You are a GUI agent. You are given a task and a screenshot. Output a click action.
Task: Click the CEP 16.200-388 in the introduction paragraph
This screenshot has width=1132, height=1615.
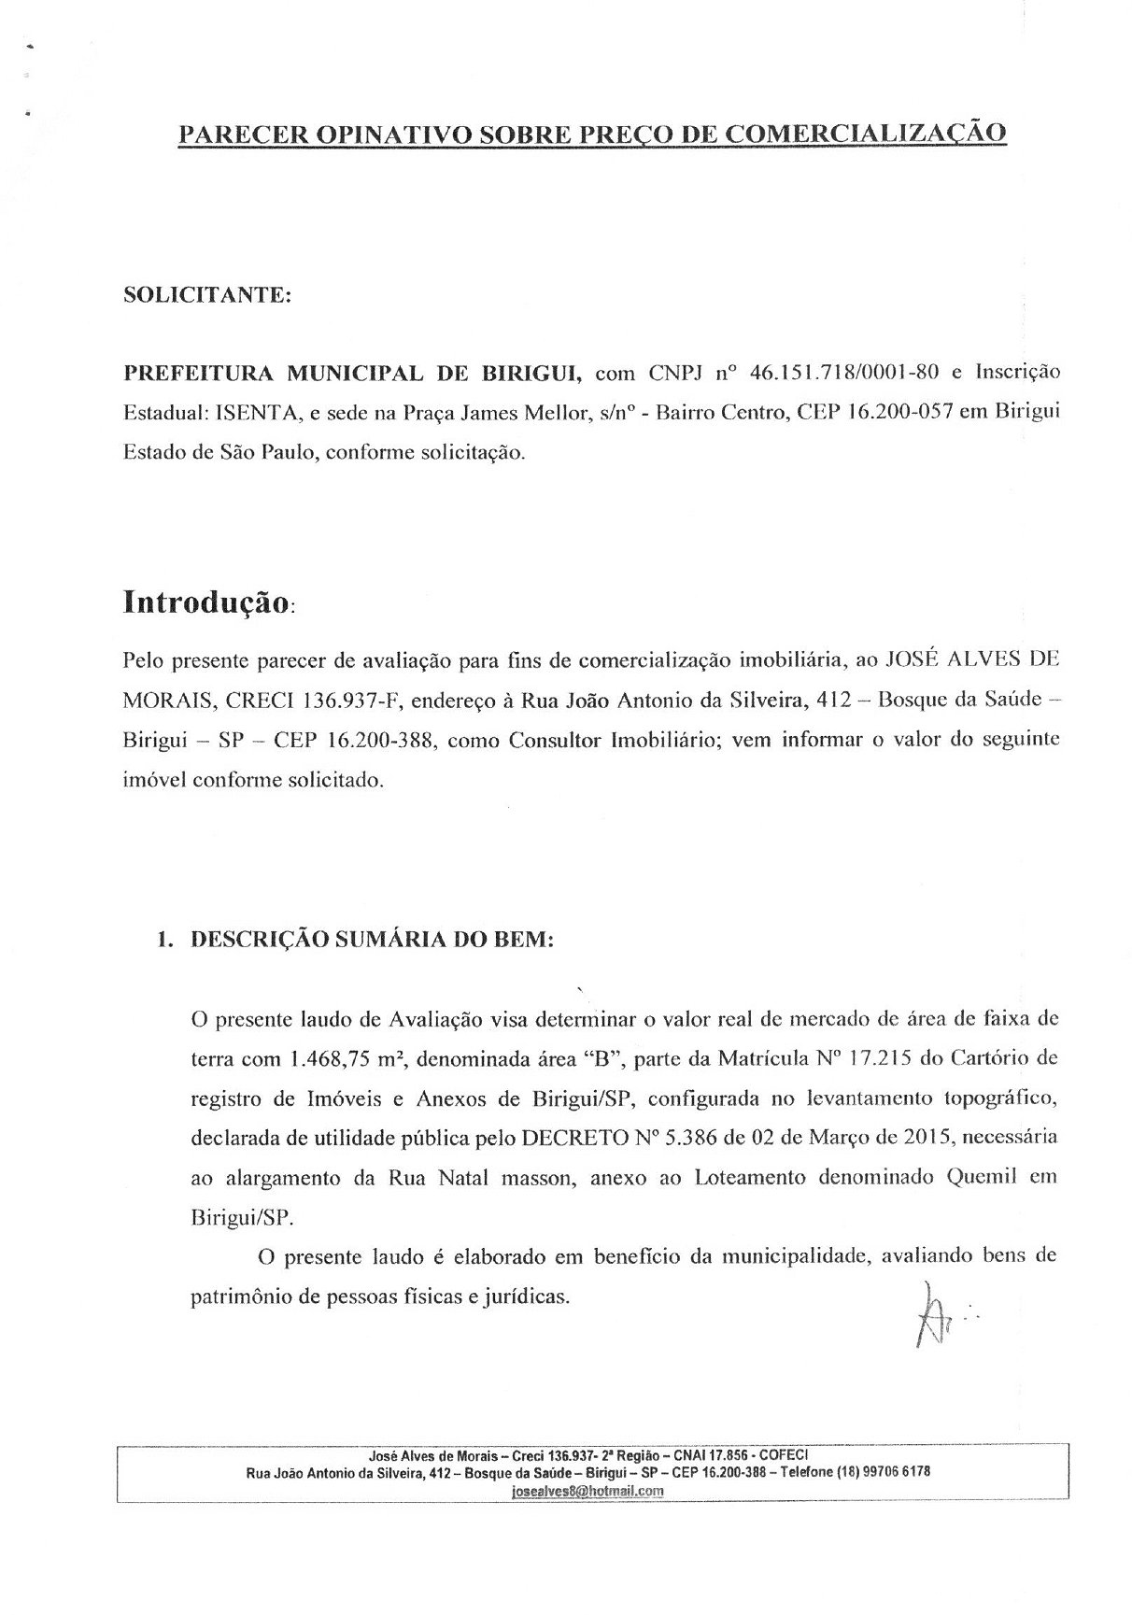pos(380,741)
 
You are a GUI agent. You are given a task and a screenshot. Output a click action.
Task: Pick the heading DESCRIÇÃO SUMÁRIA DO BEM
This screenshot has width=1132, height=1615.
pos(372,940)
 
